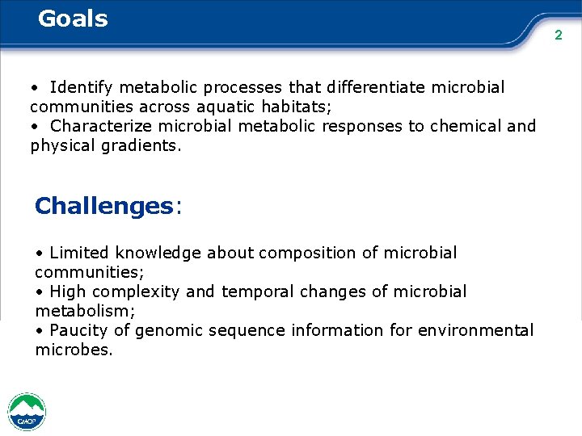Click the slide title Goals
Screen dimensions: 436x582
73,18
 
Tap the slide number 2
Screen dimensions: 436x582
558,35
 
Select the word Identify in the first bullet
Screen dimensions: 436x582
82,86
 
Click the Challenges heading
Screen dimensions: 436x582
103,206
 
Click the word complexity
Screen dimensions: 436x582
130,291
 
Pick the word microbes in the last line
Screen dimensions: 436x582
74,350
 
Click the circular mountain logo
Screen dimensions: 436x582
27,412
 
